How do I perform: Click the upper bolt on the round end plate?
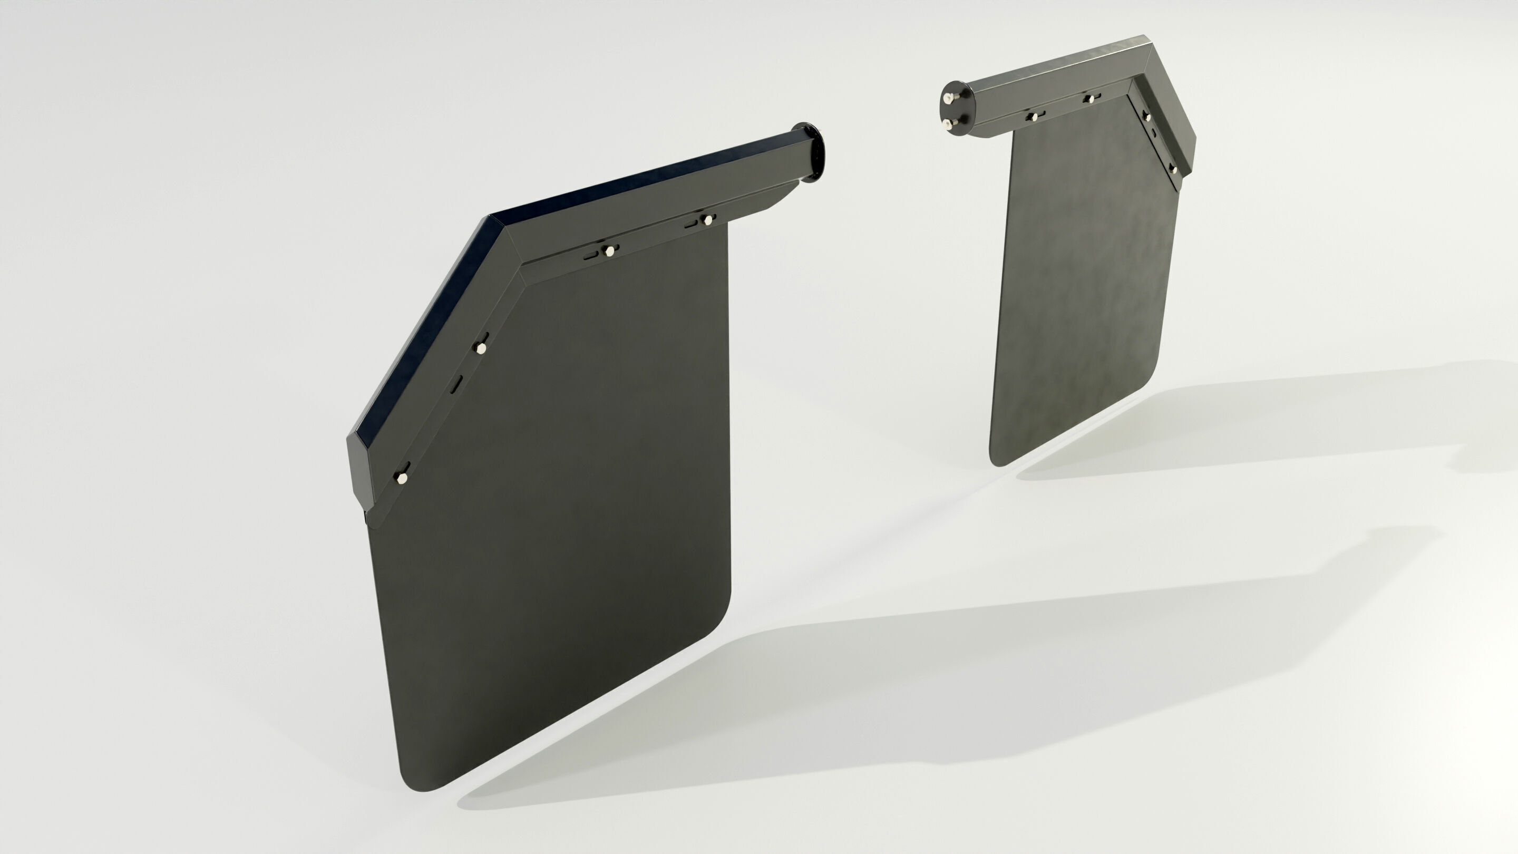pos(948,99)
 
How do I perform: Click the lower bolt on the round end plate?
pos(947,123)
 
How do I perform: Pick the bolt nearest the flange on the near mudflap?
pos(706,220)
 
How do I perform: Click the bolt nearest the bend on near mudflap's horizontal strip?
pos(608,251)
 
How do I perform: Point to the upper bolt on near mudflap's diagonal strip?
pos(481,348)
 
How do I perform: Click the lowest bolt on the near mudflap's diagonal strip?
pos(403,477)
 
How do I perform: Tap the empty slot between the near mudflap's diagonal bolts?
pos(456,384)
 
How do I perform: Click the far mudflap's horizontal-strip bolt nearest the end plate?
pos(1033,117)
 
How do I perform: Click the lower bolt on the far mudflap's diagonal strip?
pos(1173,170)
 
